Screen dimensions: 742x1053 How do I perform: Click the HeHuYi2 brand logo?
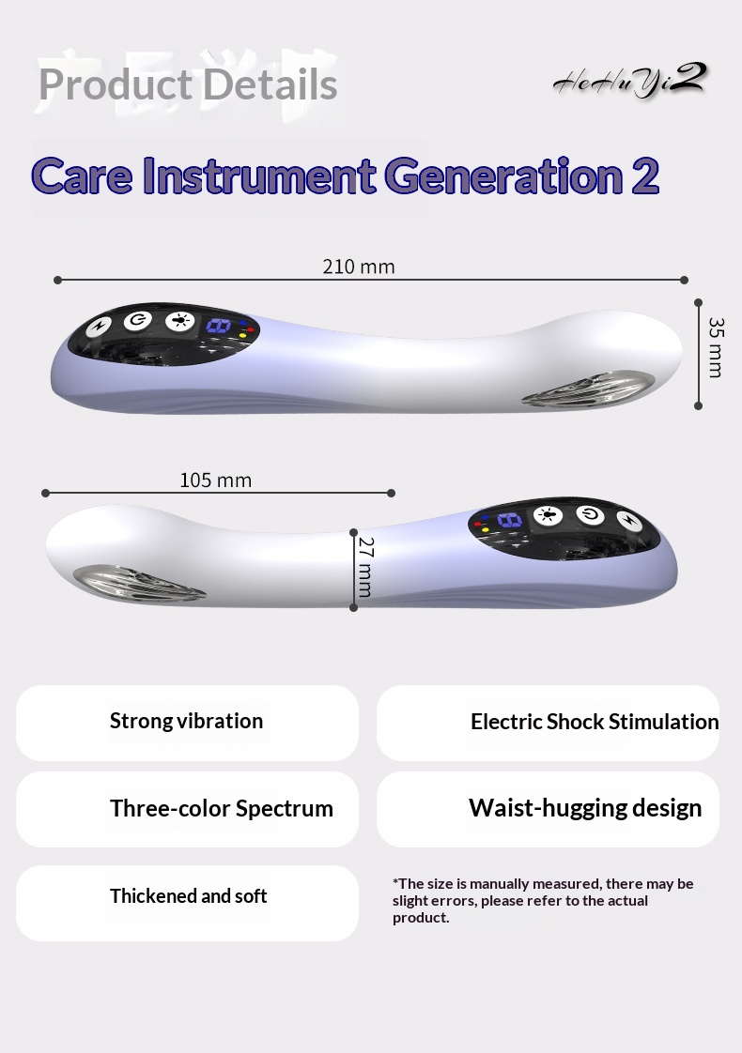pyautogui.click(x=630, y=81)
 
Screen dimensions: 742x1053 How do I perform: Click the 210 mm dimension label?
pyautogui.click(x=358, y=267)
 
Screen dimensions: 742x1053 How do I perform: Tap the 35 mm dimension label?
pyautogui.click(x=716, y=347)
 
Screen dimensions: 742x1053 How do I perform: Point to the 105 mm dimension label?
pyautogui.click(x=215, y=481)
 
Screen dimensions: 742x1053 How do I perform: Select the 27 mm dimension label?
pyautogui.click(x=365, y=567)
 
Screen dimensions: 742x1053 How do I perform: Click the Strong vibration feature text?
pyautogui.click(x=186, y=721)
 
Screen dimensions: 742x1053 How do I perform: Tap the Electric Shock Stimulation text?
pyautogui.click(x=595, y=722)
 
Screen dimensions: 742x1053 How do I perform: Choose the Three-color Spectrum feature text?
pyautogui.click(x=221, y=808)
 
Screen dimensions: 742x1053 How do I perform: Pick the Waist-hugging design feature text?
pyautogui.click(x=585, y=807)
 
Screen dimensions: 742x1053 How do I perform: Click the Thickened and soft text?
pyautogui.click(x=188, y=896)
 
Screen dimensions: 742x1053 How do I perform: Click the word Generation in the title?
pyautogui.click(x=504, y=175)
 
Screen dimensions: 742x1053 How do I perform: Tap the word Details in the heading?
pyautogui.click(x=270, y=84)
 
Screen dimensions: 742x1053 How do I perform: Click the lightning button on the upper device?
pyautogui.click(x=100, y=326)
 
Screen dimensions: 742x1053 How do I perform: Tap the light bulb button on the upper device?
pyautogui.click(x=179, y=320)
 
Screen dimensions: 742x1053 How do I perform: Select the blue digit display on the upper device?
pyautogui.click(x=219, y=326)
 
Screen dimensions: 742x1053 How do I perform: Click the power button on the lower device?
pyautogui.click(x=590, y=514)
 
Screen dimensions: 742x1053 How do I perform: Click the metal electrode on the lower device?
pyautogui.click(x=138, y=583)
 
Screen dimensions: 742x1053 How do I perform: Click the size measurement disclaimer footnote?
pyautogui.click(x=542, y=901)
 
